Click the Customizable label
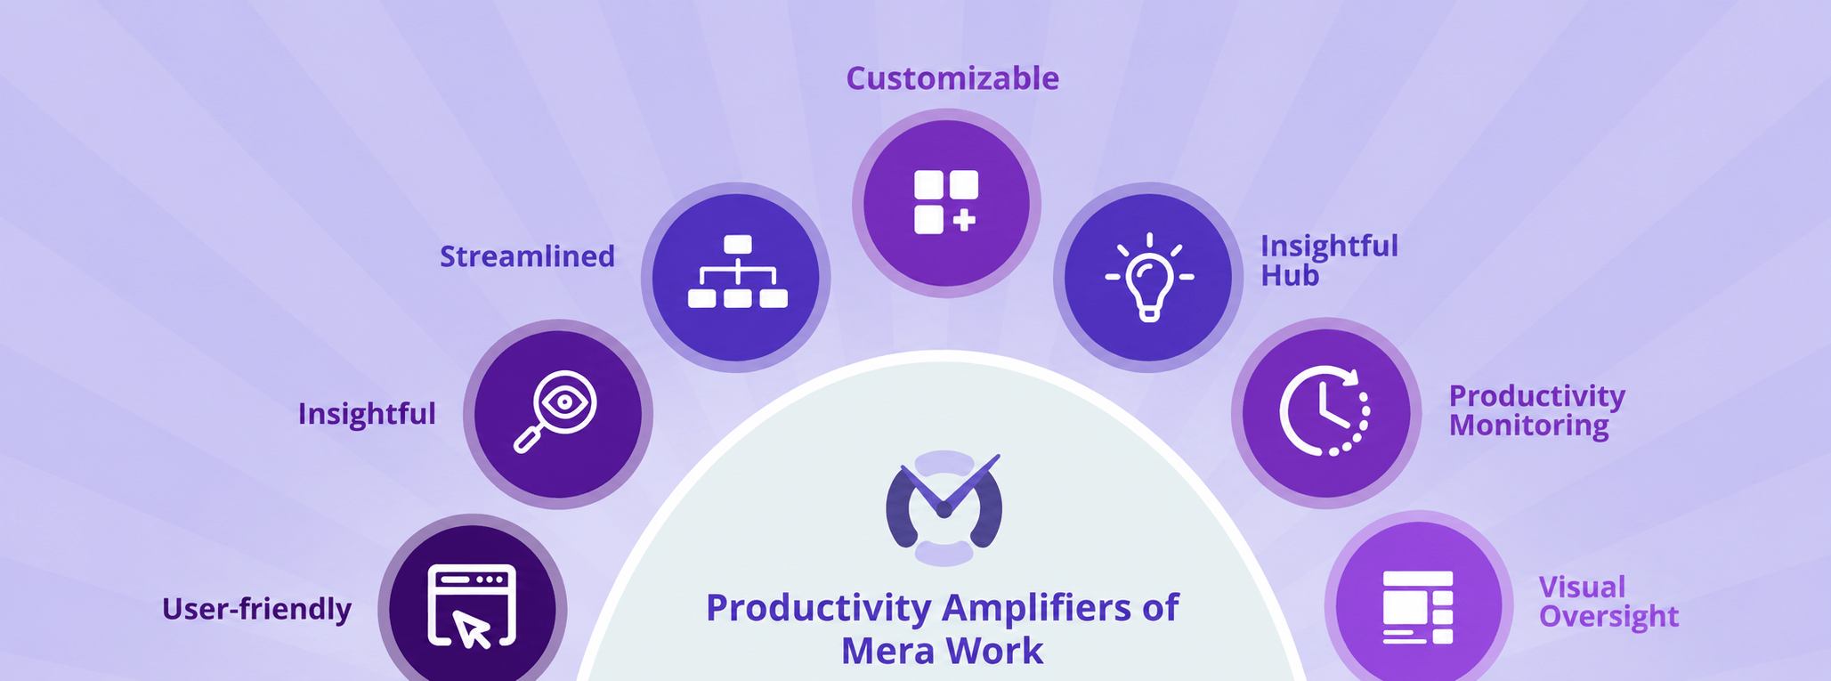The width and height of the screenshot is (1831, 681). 952,79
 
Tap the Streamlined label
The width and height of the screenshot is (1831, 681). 527,256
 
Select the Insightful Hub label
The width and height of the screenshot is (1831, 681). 1329,260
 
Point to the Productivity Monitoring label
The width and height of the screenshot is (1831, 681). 1536,410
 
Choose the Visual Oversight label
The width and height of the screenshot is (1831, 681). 1608,602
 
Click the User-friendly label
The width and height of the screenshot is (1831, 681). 256,609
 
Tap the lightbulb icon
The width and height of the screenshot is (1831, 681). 1149,277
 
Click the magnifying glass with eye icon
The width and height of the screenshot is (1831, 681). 555,412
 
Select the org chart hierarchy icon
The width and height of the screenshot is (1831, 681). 737,272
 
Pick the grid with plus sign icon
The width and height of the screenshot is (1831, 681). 945,202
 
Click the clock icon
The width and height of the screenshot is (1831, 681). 1325,411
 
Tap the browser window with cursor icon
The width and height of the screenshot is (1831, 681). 472,606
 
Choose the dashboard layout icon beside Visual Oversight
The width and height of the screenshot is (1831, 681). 1417,607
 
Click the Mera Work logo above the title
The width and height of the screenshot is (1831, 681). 944,508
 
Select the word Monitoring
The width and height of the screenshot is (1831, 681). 1528,426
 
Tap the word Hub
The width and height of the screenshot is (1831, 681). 1290,276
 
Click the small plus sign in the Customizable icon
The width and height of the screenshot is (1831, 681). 963,220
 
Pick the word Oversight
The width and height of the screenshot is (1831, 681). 1608,616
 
